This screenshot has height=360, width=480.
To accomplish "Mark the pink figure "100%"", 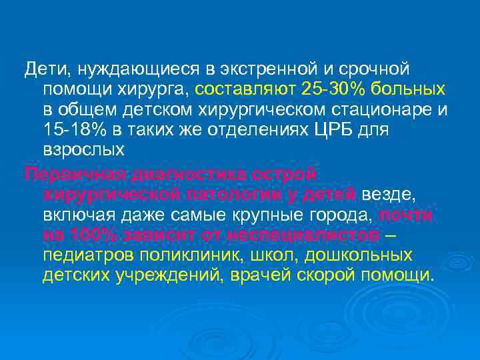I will click(88, 237).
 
